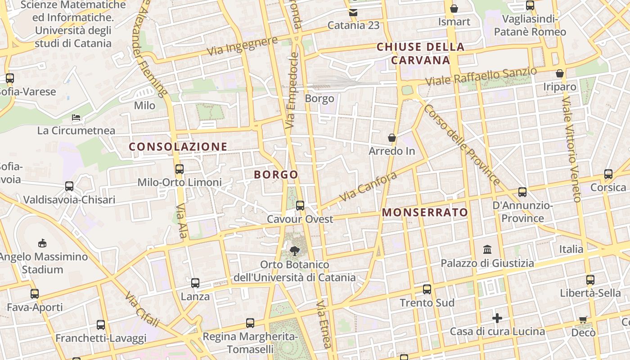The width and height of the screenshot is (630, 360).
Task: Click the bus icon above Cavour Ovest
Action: tap(300, 205)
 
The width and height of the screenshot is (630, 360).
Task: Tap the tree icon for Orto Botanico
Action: tap(295, 251)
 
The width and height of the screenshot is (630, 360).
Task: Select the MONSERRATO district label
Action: tap(425, 212)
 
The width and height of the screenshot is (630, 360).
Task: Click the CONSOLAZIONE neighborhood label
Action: tap(178, 147)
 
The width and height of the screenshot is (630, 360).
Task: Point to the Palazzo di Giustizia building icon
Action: tap(487, 249)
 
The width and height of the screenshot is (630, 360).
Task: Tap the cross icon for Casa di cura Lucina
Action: tap(497, 318)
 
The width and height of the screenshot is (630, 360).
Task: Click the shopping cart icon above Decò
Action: tap(583, 319)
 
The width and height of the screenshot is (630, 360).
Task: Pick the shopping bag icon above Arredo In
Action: tap(392, 137)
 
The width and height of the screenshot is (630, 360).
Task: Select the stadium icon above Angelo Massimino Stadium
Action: tap(42, 243)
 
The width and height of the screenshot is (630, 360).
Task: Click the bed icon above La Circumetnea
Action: tap(76, 117)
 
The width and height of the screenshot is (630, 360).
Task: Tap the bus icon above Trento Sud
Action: tap(427, 289)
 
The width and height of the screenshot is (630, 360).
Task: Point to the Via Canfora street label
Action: tap(368, 186)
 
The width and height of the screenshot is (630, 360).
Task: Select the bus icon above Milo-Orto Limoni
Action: tap(179, 169)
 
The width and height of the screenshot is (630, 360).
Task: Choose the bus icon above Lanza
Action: tap(195, 283)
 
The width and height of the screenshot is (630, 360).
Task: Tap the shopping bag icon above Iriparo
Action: tap(560, 73)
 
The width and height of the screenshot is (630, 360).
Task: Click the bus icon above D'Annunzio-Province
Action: tap(522, 192)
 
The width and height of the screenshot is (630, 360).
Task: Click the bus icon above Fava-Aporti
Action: tap(35, 294)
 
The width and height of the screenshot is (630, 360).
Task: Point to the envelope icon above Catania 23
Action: tap(353, 12)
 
